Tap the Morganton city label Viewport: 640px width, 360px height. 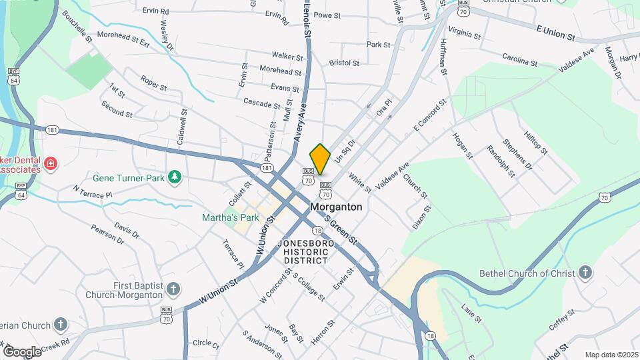click(337, 207)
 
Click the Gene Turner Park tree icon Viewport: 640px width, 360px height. click(175, 177)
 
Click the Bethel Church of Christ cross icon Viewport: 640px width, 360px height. click(585, 272)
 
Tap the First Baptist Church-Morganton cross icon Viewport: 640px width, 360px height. click(173, 289)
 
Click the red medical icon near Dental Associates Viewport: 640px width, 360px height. click(50, 163)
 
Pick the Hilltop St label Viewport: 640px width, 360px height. click(535, 141)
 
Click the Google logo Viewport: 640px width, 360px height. click(21, 351)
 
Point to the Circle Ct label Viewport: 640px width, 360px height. click(205, 345)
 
